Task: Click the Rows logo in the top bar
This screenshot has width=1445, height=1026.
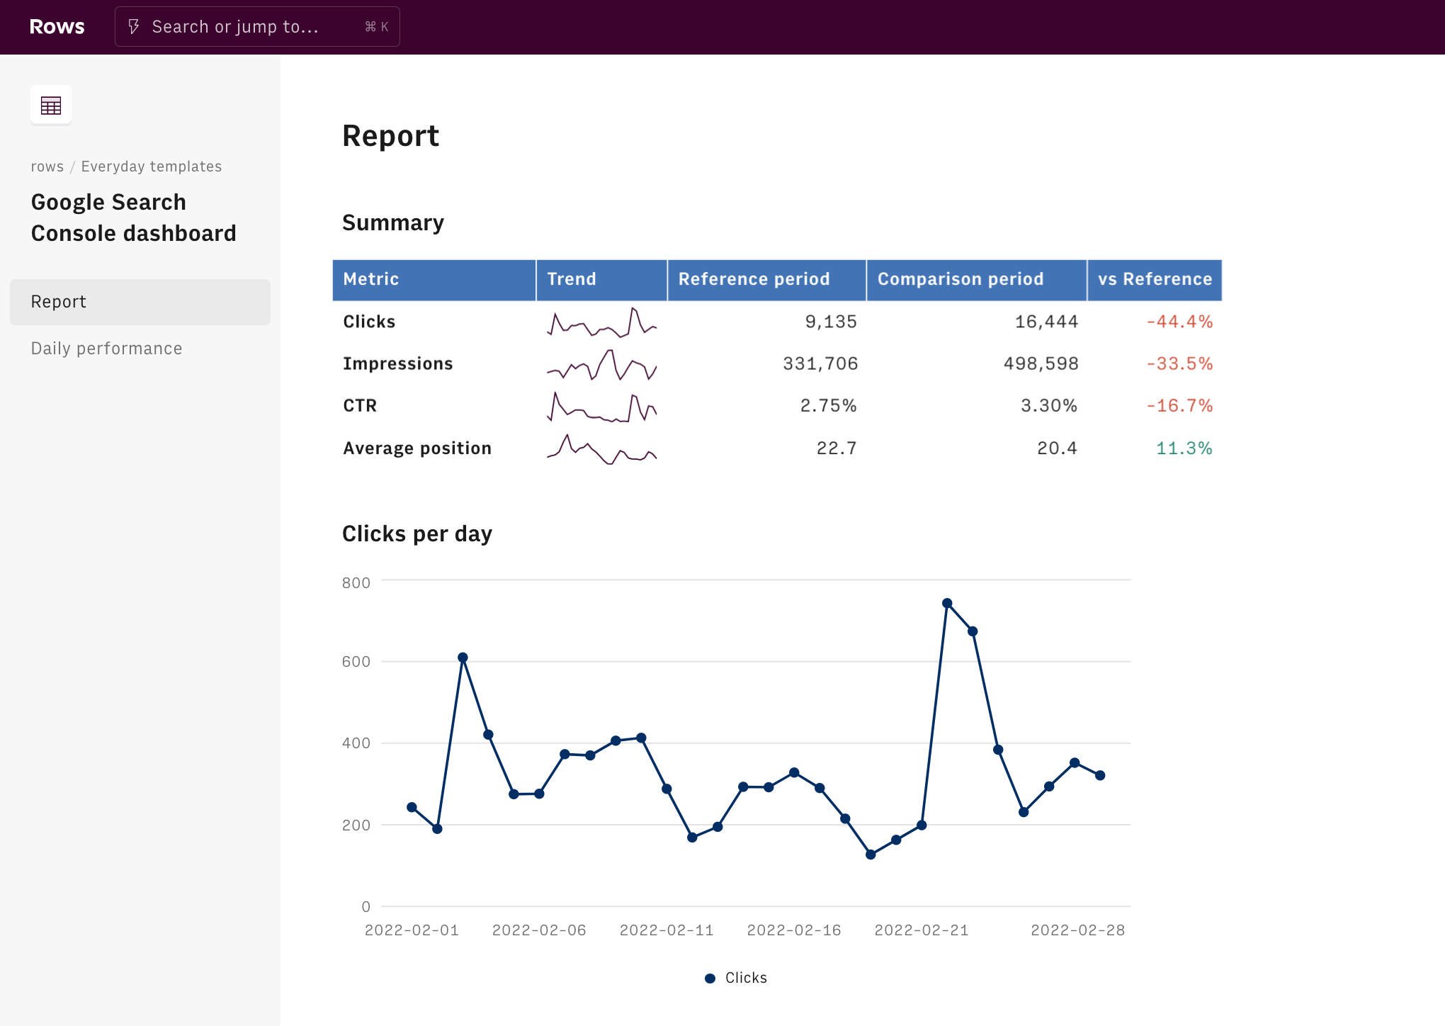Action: pyautogui.click(x=57, y=27)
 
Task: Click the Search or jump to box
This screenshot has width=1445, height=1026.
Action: pyautogui.click(x=256, y=27)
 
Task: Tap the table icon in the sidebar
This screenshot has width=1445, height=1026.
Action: pyautogui.click(x=51, y=106)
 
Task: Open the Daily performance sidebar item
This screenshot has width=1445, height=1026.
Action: pyautogui.click(x=106, y=349)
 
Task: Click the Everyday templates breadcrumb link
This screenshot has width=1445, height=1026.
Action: pyautogui.click(x=151, y=167)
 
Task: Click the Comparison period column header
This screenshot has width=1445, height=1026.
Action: pyautogui.click(x=960, y=279)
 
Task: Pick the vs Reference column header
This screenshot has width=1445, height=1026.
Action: pyautogui.click(x=1154, y=279)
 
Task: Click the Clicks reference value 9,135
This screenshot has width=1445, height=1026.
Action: pyautogui.click(x=830, y=322)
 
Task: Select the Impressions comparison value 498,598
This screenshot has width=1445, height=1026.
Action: pyautogui.click(x=1041, y=363)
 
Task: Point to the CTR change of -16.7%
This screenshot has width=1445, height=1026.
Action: pyautogui.click(x=1179, y=406)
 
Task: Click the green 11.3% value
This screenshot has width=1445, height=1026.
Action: pyautogui.click(x=1184, y=449)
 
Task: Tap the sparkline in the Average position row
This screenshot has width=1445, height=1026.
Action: pyautogui.click(x=601, y=449)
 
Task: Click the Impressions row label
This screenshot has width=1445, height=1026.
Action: pyautogui.click(x=397, y=363)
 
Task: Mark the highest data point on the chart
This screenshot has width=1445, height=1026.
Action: pyautogui.click(x=947, y=604)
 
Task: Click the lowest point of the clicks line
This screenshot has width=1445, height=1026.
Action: pyautogui.click(x=871, y=855)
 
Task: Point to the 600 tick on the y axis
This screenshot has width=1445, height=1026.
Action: pyautogui.click(x=356, y=662)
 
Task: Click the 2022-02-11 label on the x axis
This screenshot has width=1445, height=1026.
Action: pyautogui.click(x=667, y=930)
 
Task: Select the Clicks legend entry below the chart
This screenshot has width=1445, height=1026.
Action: pyautogui.click(x=737, y=978)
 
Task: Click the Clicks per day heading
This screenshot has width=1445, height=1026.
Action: pyautogui.click(x=416, y=534)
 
